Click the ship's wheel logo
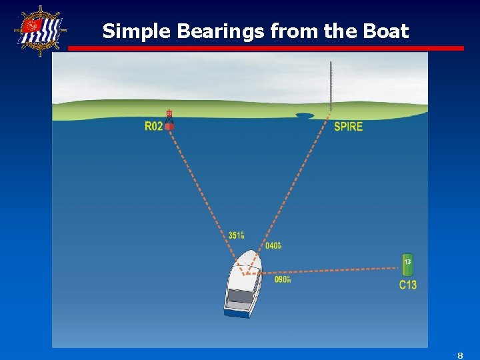(41, 31)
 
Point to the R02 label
(153, 126)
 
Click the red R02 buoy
(169, 121)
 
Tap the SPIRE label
(348, 127)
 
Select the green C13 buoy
(407, 265)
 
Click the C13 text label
(408, 285)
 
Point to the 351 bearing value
(236, 235)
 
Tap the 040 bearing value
(273, 246)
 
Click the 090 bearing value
(283, 279)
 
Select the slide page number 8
(460, 355)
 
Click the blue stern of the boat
(237, 311)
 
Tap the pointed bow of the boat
(253, 253)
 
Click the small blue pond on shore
(305, 115)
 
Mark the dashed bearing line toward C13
(333, 270)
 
